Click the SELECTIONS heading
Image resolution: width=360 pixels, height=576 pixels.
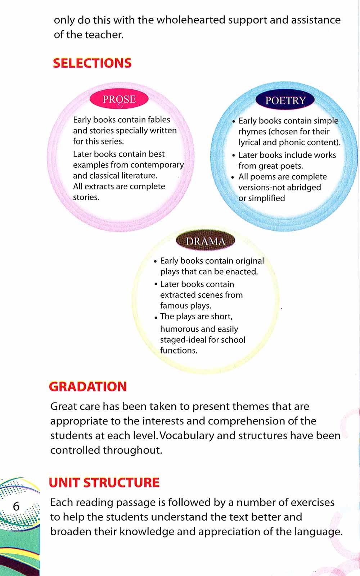coord(92,63)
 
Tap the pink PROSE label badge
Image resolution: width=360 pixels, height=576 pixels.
coord(119,99)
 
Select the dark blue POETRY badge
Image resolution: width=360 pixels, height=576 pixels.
coord(285,100)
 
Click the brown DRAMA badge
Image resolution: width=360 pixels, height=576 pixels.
coord(206,241)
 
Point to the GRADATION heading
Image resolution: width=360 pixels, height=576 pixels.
coord(88,387)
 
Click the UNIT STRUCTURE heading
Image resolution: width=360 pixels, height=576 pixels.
coord(104,482)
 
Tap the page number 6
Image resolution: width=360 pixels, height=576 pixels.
coord(16,506)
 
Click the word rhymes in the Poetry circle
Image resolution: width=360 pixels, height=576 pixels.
coord(252,131)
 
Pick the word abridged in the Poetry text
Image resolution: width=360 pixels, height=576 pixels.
coord(303,187)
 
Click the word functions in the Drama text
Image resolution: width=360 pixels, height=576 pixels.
coord(179,351)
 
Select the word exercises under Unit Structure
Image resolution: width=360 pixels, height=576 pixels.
coord(312,502)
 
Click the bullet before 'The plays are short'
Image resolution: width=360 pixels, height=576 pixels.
coord(156,318)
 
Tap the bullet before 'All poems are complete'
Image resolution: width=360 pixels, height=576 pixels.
coord(233,177)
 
